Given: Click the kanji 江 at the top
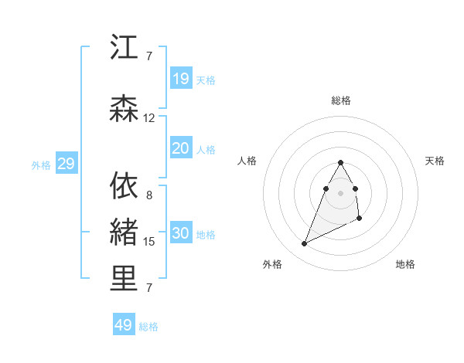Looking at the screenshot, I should (x=124, y=48).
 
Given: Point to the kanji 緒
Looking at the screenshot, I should (x=124, y=233).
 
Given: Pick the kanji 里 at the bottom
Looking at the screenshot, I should (x=124, y=280).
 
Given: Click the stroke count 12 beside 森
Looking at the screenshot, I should (x=149, y=118).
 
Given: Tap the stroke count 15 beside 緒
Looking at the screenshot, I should (x=149, y=242).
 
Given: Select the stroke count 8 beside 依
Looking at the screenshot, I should (x=149, y=195).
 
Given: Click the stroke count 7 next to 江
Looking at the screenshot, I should (x=149, y=56).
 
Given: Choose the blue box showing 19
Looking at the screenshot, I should (x=180, y=78).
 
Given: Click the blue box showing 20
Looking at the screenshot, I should (x=180, y=148).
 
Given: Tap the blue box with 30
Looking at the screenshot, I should (x=180, y=232).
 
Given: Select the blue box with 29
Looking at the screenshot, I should (x=66, y=163).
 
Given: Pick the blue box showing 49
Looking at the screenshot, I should (x=124, y=325).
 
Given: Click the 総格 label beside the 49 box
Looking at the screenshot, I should (x=148, y=327).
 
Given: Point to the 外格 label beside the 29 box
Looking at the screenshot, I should (x=41, y=165).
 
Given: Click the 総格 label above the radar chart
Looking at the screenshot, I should (x=340, y=100).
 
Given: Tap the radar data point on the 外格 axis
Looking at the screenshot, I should (x=305, y=244).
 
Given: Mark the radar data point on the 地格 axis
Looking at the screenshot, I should (x=360, y=219).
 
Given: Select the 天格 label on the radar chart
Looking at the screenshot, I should (x=435, y=161).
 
